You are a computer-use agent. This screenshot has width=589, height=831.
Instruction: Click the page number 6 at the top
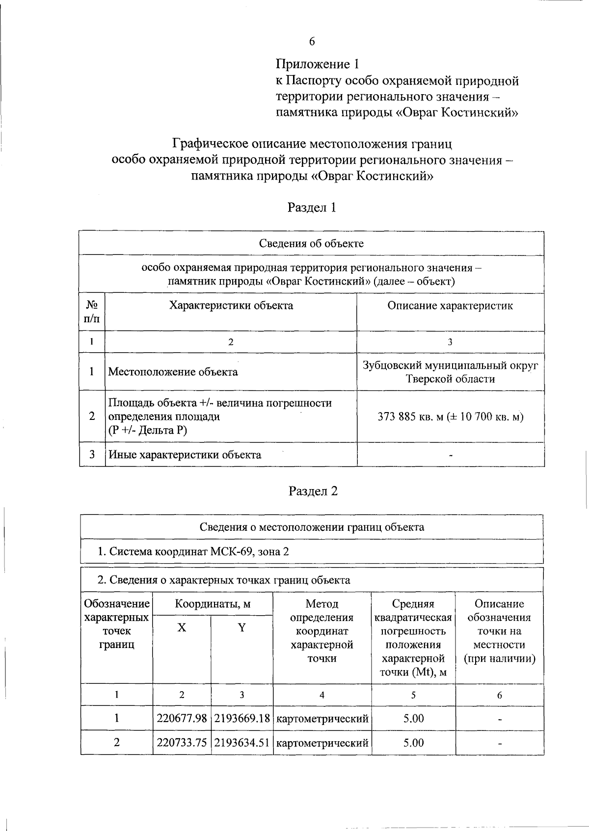point(312,42)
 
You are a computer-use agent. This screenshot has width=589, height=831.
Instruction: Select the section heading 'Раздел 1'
point(312,208)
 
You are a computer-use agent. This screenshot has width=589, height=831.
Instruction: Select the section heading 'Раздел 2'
point(313,491)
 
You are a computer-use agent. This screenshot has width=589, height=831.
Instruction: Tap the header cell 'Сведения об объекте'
point(311,243)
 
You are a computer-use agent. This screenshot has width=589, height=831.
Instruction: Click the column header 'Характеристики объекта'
point(231,306)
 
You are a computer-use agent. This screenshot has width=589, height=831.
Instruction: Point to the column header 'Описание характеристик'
point(450,306)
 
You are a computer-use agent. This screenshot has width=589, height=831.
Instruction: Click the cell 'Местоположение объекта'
point(173,372)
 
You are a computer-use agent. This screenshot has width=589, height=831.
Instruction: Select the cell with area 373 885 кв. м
point(450,417)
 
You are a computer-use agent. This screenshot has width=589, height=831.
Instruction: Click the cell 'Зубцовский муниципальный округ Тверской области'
point(450,372)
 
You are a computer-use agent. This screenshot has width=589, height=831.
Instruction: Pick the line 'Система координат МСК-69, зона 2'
point(193,551)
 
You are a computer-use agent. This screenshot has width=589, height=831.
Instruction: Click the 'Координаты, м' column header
point(213,604)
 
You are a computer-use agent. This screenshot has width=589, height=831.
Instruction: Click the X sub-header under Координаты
point(182,628)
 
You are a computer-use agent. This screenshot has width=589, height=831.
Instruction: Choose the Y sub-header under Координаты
point(241,628)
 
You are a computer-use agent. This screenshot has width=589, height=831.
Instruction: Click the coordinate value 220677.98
point(182,719)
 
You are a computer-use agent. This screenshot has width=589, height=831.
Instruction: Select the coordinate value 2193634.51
point(242,743)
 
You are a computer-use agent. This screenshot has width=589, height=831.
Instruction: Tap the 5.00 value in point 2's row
point(413,743)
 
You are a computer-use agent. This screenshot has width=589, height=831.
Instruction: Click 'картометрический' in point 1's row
point(322,719)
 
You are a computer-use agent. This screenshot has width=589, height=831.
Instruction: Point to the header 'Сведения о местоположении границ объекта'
point(312,527)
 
